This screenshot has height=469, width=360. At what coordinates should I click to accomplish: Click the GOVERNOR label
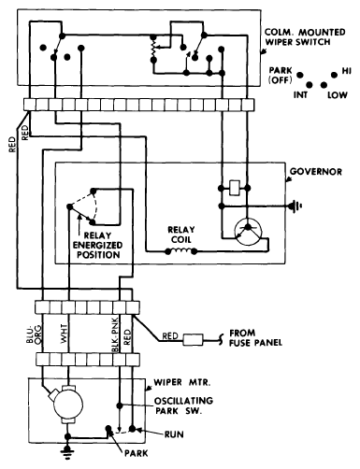pos(315,172)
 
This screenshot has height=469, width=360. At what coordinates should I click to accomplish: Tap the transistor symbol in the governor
pos(248,232)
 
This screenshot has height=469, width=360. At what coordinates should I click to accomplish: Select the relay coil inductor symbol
pos(180,250)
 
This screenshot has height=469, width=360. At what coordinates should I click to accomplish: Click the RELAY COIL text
pos(181,234)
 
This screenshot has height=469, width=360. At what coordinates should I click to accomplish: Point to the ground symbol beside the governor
pos(295,206)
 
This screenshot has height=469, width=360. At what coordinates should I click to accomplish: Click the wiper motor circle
pos(68,405)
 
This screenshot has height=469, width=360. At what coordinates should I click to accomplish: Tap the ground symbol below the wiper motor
pos(67,450)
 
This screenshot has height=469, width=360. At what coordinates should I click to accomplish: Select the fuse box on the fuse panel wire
pos(193,340)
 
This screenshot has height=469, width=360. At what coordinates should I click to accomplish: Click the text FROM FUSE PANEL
pos(255,338)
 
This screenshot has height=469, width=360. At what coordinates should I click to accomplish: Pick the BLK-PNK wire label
pos(115,335)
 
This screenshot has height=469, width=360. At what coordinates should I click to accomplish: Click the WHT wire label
pos(65,334)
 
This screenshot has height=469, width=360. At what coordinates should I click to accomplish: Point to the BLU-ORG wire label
pos(34,334)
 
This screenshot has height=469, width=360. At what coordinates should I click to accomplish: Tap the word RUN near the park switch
pos(174,434)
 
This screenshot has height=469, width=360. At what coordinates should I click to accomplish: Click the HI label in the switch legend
pos(347,71)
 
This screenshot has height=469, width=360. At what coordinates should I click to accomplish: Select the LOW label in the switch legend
pos(338,95)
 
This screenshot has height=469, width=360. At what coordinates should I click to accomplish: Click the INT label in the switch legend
pos(300,95)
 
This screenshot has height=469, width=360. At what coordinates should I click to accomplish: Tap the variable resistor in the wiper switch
pos(153,48)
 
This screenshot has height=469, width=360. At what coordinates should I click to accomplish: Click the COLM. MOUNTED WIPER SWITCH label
pos(305,37)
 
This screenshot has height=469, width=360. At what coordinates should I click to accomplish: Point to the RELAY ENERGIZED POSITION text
pos(98,245)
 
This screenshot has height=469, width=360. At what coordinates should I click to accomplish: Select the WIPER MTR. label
pos(181,382)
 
